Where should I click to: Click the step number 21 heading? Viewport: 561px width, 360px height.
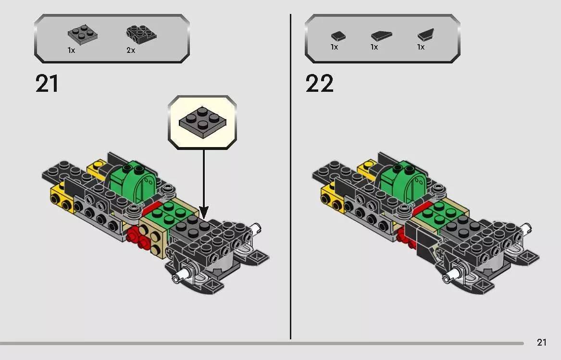point(47,84)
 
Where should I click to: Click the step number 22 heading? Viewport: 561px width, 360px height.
point(319,84)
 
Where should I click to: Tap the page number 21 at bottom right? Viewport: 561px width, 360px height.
point(542,343)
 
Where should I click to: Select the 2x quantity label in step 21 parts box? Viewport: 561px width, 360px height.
point(131,50)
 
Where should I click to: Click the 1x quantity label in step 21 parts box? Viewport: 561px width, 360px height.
point(71,50)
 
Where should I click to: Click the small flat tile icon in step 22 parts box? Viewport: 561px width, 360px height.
point(338,36)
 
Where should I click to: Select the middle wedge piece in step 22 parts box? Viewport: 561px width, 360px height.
point(381,36)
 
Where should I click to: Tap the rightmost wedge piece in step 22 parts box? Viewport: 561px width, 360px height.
point(425,35)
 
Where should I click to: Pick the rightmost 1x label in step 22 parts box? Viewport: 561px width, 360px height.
point(421,47)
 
